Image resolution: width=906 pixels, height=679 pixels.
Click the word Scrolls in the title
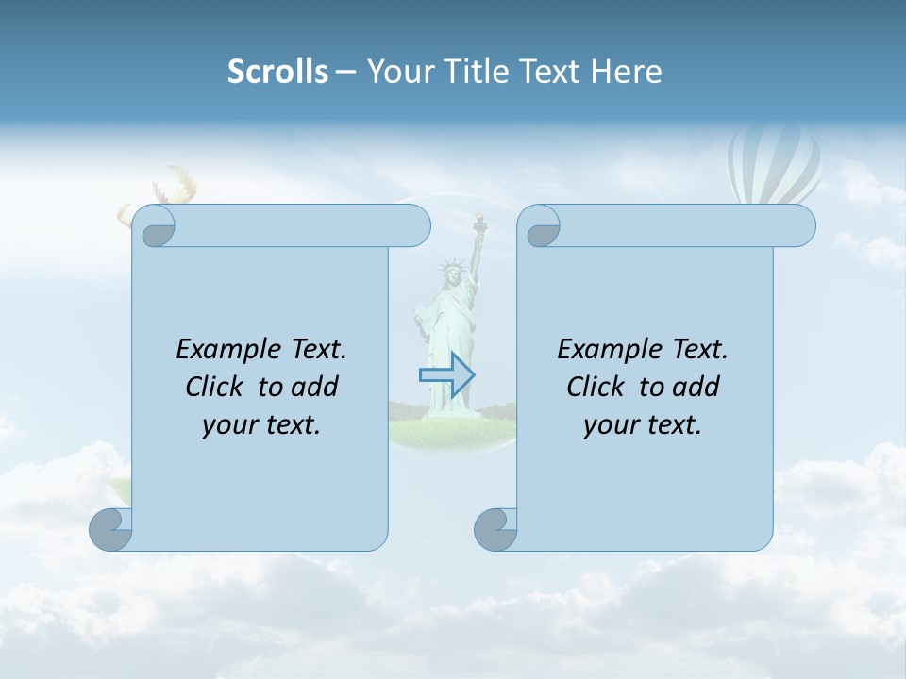[277, 72]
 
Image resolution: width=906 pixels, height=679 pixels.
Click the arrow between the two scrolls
[446, 375]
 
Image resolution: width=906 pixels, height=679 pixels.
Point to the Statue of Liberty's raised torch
[479, 223]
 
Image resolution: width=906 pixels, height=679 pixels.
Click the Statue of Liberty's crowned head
[452, 273]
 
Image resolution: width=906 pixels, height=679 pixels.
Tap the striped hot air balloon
[775, 166]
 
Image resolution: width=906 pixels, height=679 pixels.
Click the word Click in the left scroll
[207, 387]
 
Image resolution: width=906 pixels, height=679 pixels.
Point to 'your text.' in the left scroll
[261, 424]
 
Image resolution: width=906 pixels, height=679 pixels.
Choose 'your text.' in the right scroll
[643, 424]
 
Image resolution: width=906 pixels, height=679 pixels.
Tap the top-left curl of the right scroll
[542, 227]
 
